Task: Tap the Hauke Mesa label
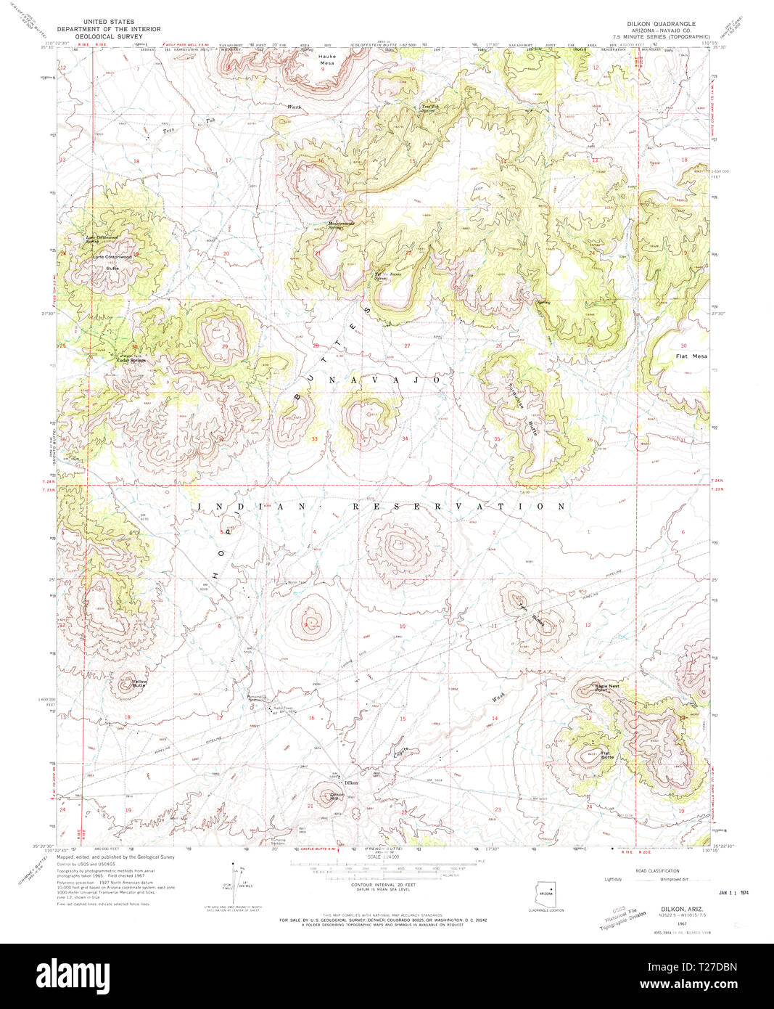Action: (x=328, y=61)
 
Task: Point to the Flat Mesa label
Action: (x=691, y=356)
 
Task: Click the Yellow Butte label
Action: (x=139, y=683)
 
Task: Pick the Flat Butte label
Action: (x=607, y=756)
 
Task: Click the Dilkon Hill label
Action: (x=337, y=796)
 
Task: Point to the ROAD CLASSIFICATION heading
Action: (x=657, y=870)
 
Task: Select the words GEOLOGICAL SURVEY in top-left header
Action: (x=109, y=35)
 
